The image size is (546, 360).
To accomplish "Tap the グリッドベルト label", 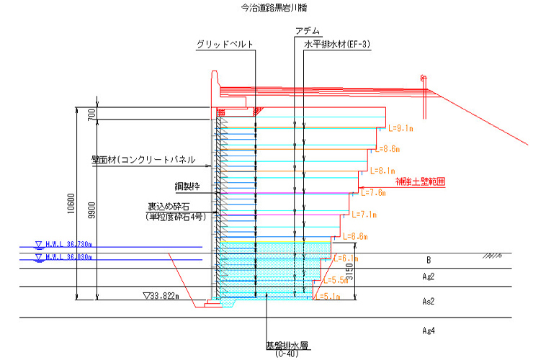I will [225, 45].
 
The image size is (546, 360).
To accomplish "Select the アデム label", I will [308, 32].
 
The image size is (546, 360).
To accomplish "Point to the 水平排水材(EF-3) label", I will [338, 45].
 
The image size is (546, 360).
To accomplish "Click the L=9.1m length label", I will [400, 129].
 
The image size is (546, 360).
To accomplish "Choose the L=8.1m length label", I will [382, 171].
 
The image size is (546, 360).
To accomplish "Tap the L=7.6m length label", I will [372, 193].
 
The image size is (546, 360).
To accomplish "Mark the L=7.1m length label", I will [364, 215].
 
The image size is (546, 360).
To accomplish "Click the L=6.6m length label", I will [355, 236].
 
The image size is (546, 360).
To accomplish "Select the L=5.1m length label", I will [329, 296].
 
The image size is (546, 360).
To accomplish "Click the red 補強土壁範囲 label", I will [420, 182].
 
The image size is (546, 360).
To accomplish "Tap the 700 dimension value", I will [91, 114].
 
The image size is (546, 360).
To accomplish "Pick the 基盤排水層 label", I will [287, 346].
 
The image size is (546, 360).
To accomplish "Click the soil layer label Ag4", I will [429, 330].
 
